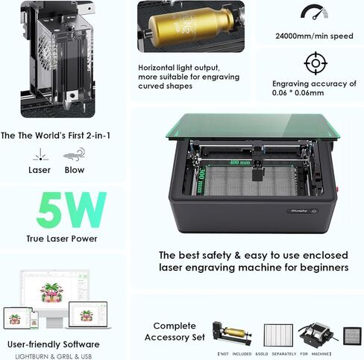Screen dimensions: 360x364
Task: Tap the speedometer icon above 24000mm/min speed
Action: coord(314,12)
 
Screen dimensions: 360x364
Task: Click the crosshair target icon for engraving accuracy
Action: coord(316,63)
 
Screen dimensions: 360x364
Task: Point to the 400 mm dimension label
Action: coord(239,162)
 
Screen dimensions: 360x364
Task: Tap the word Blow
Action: coord(75,170)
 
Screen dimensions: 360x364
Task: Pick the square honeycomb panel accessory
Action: coord(351,334)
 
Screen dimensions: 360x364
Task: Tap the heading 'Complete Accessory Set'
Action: coord(180,331)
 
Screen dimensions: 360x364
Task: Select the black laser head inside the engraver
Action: coord(259,169)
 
